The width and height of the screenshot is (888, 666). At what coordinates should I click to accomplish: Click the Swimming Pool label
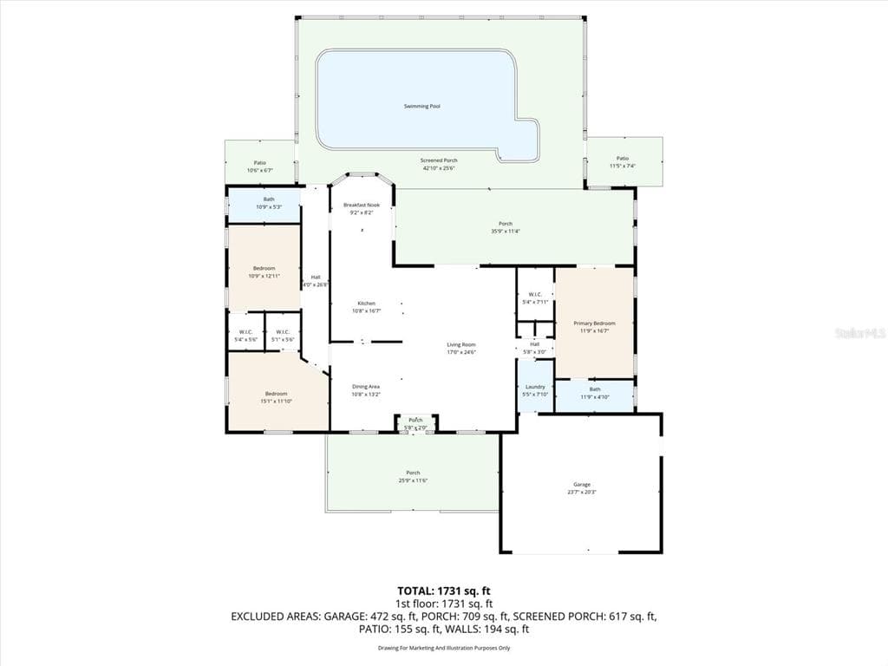click(x=421, y=106)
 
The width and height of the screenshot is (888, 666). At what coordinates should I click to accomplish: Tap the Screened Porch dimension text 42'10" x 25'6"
click(x=439, y=168)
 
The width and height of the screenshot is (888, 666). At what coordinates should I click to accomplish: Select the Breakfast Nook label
click(x=361, y=205)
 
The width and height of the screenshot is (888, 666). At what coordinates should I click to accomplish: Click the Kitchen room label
click(x=366, y=303)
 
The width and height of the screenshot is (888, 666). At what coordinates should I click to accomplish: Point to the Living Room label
click(x=460, y=344)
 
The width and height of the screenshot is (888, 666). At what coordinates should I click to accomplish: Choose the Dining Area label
click(x=366, y=386)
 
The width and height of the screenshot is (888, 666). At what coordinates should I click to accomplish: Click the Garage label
click(x=581, y=484)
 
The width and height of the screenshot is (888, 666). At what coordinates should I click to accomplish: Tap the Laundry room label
click(x=535, y=386)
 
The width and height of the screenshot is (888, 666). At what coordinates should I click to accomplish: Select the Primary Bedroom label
click(x=594, y=323)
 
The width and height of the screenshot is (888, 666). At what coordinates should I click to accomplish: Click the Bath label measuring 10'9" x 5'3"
click(x=269, y=199)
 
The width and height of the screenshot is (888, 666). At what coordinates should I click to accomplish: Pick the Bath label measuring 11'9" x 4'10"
click(x=594, y=389)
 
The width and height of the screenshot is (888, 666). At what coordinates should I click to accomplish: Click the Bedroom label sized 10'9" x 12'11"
click(x=264, y=268)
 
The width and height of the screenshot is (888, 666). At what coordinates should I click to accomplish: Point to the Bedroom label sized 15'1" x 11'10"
click(x=276, y=394)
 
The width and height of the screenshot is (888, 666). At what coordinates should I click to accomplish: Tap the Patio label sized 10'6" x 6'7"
click(x=259, y=162)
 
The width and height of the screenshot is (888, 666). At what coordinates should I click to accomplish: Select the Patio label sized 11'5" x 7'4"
click(x=623, y=158)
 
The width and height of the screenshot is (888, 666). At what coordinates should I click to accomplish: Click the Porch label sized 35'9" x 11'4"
click(x=505, y=224)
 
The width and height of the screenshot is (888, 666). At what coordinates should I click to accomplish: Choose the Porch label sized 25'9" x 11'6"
click(x=413, y=473)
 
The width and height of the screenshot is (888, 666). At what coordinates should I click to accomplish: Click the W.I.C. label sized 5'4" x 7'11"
click(x=535, y=295)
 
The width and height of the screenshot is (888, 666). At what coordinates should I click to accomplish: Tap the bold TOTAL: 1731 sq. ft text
click(x=444, y=591)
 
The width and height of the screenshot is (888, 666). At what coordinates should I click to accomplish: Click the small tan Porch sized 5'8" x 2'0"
click(x=416, y=421)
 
